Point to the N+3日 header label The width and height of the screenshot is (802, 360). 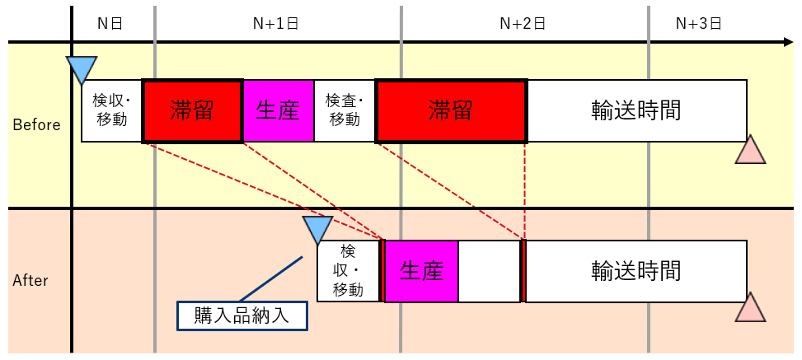pos(698,23)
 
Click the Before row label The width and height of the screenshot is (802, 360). pos(36,125)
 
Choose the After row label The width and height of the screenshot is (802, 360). pos(30,280)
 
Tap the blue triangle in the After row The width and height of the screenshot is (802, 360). pos(318,229)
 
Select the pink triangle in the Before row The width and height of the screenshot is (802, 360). pos(750,151)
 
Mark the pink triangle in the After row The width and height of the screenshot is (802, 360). pos(750,307)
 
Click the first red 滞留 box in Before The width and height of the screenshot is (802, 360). pos(192,111)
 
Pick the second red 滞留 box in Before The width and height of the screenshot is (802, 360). pos(451,111)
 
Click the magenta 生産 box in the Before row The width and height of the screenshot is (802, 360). pos(278,111)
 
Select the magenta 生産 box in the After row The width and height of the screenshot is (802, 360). pos(421,271)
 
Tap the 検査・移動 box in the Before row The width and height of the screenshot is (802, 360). pos(345,111)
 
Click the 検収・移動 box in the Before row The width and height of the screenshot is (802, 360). pos(111,111)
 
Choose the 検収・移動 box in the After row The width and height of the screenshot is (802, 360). pos(348,271)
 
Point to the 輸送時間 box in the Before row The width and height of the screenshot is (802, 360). pos(636,111)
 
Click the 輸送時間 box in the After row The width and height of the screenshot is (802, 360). pos(636,271)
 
